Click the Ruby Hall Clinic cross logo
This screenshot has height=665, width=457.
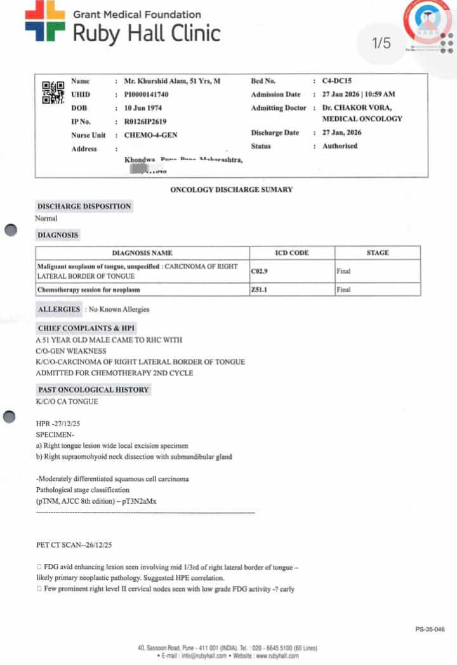coord(44,21)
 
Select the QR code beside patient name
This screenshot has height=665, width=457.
coord(53,93)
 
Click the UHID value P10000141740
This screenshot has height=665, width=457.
coord(151,95)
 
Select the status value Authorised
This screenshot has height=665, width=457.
coord(340,146)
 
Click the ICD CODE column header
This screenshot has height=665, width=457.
coord(291,253)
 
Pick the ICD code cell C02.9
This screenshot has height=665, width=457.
coord(260,271)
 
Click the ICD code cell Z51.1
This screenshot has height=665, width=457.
coord(259,290)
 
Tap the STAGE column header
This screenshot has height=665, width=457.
coord(377,253)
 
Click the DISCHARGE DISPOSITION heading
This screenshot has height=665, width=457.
coord(84,206)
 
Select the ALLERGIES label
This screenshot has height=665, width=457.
coord(59,309)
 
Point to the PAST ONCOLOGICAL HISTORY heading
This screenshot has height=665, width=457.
coord(93,389)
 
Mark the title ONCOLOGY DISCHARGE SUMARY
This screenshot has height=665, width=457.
coord(231,190)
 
